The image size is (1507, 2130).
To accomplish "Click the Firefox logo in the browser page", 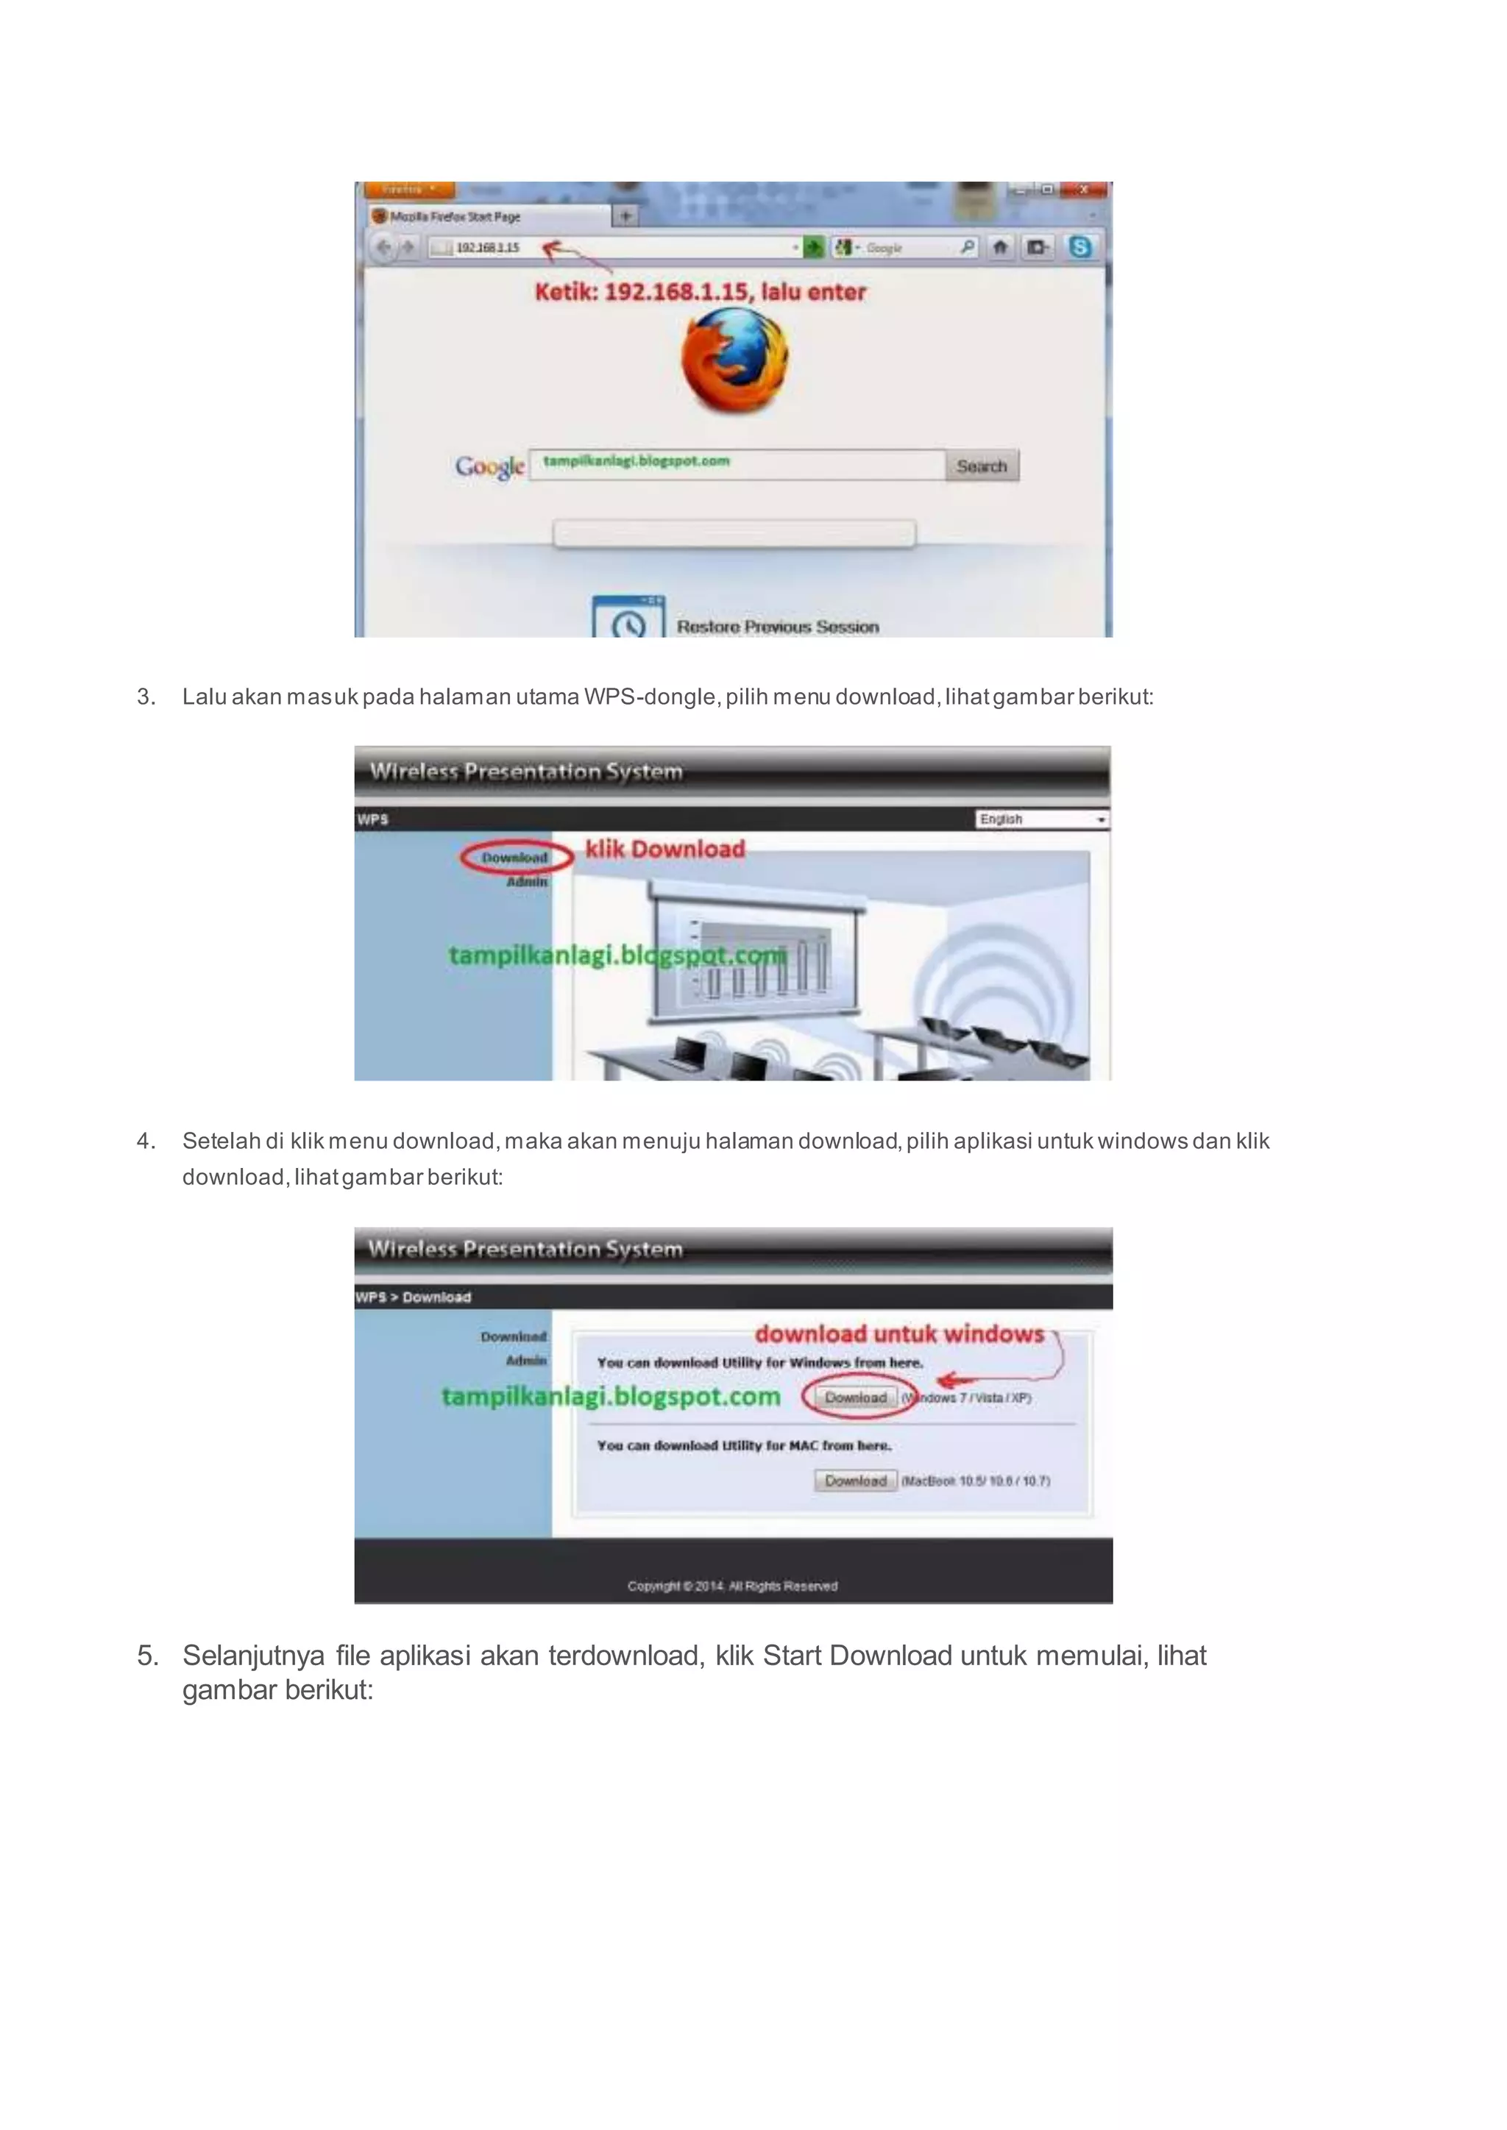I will (x=735, y=361).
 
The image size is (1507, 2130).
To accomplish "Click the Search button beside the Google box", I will (x=981, y=466).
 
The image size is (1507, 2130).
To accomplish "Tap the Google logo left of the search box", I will (x=489, y=466).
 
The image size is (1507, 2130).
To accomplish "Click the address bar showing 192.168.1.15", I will (x=612, y=248).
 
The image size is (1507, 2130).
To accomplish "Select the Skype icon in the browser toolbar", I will (x=1079, y=247).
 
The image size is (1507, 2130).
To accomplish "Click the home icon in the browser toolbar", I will (x=999, y=247).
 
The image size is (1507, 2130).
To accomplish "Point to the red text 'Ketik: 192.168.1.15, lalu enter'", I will (x=700, y=292).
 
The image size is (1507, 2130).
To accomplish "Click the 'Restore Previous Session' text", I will (x=777, y=627).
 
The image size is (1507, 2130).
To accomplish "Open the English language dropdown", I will (x=1042, y=819).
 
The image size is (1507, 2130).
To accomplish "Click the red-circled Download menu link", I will (x=515, y=857).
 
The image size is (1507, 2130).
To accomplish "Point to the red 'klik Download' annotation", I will (x=664, y=849).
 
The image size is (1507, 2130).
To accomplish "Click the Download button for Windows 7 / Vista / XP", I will (x=856, y=1397).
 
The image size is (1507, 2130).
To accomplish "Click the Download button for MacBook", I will (x=856, y=1481).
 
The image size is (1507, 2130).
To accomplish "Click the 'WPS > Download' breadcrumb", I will (x=413, y=1297).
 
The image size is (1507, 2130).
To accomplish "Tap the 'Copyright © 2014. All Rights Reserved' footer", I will (x=732, y=1586).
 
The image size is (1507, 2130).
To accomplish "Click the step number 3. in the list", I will (x=146, y=697).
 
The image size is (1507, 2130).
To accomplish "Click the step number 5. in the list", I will (x=148, y=1656).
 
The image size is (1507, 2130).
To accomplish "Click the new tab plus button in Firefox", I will (x=625, y=216).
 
